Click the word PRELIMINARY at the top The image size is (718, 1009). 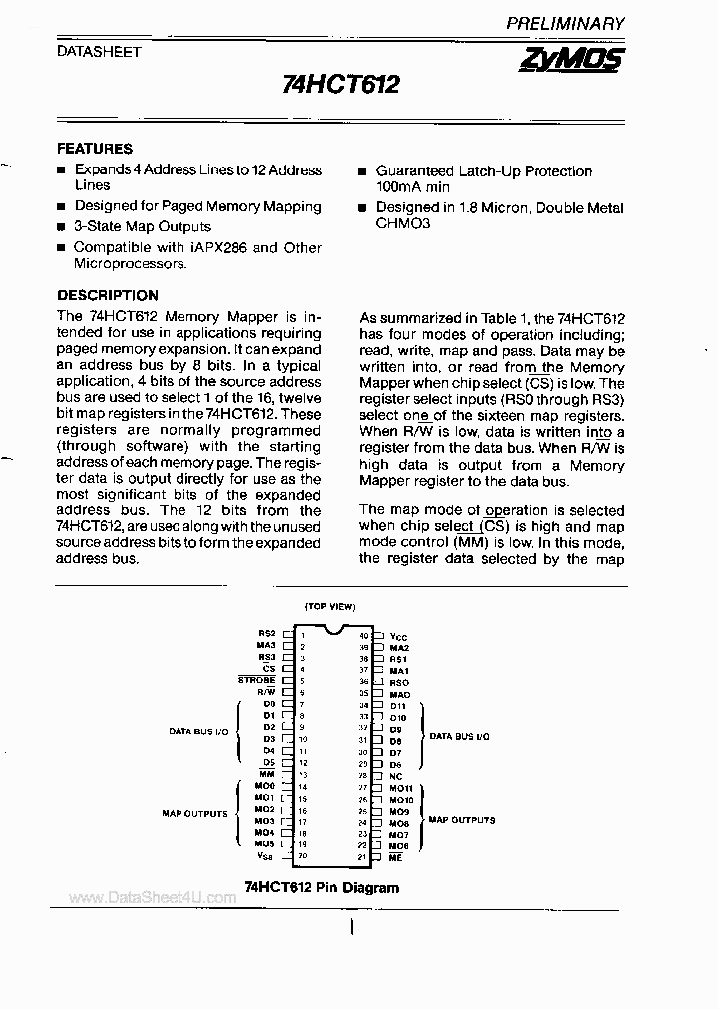tap(564, 23)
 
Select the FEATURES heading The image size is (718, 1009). tap(95, 149)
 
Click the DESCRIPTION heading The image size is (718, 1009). tap(108, 295)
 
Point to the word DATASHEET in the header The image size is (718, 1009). tap(98, 51)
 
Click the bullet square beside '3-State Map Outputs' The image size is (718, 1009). tap(61, 227)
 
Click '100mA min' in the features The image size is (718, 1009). tap(413, 187)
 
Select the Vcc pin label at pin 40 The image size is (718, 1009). tap(399, 635)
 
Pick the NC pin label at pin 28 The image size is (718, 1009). tap(396, 775)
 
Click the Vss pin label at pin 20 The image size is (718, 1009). tap(265, 855)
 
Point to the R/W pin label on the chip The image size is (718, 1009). tap(266, 692)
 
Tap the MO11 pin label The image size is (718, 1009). tap(401, 787)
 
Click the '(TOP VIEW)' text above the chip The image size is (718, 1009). tap(330, 607)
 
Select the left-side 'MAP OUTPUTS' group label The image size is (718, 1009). tap(194, 814)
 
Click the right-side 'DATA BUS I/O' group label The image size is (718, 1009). tap(459, 736)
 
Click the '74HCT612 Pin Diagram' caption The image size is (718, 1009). tap(321, 887)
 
